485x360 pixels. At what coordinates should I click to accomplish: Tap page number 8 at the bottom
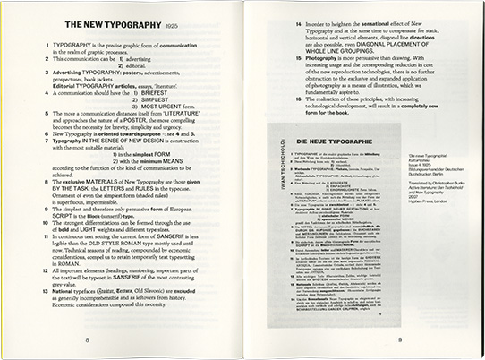pos(112,341)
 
